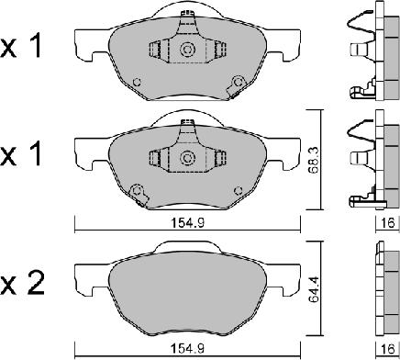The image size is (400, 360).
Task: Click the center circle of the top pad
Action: pos(187,51)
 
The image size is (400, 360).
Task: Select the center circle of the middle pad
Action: pos(187,159)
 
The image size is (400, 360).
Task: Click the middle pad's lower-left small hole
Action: pos(137,191)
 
